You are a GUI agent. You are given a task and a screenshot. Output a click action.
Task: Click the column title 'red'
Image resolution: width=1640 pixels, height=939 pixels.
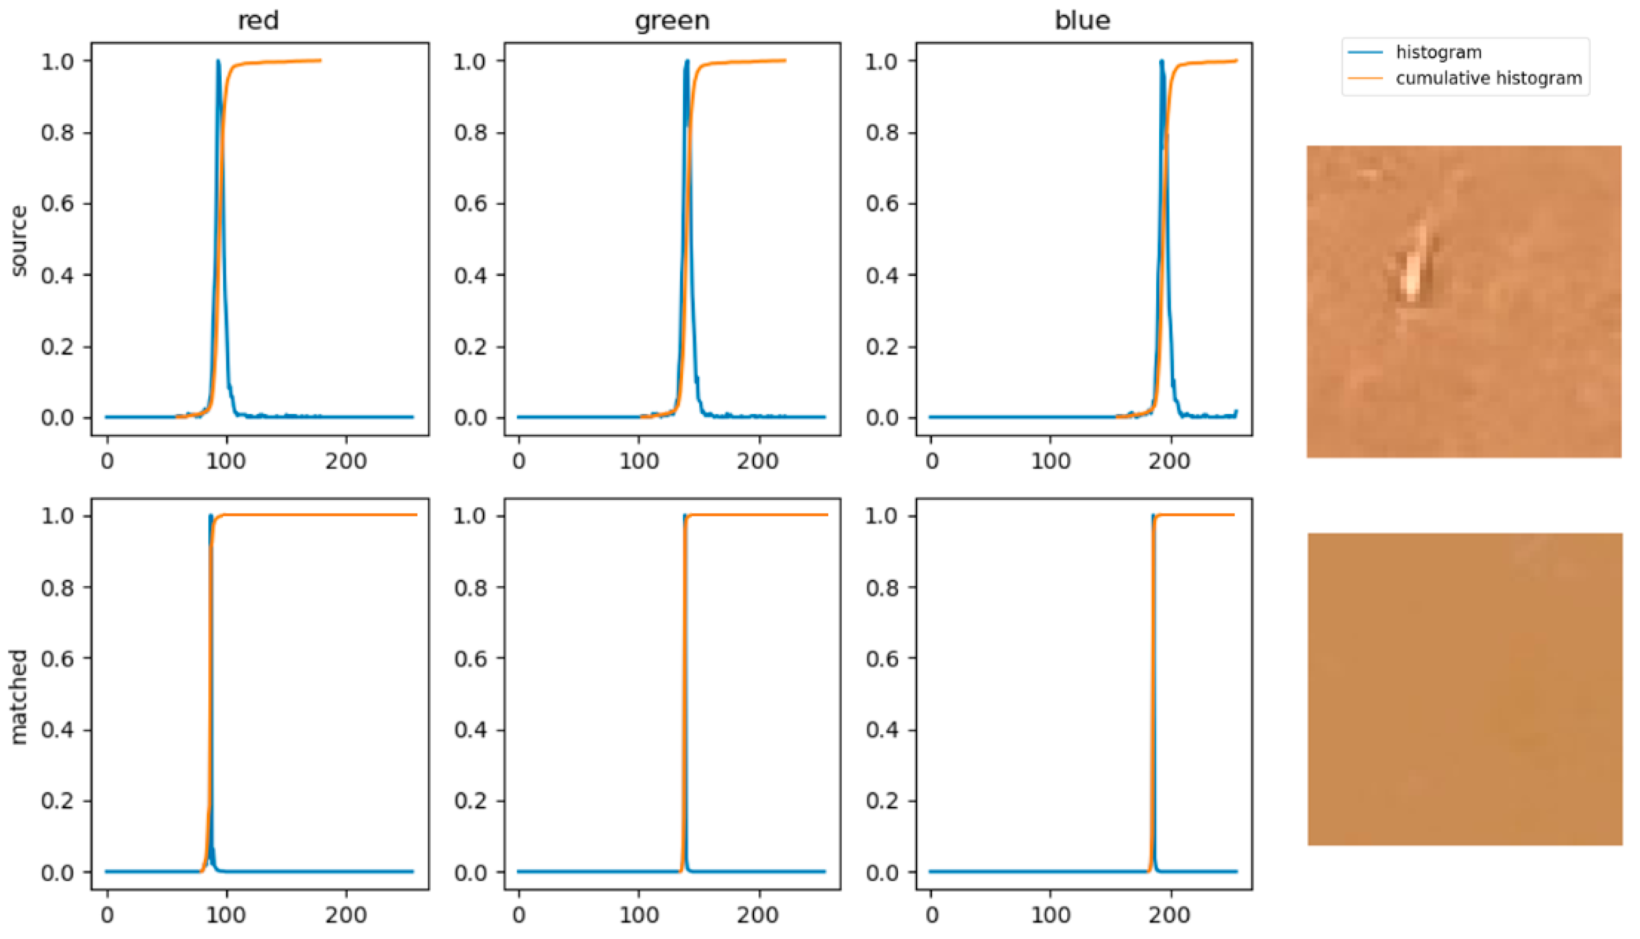tap(259, 21)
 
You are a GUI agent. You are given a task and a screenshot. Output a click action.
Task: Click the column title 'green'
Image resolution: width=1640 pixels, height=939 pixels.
tap(673, 21)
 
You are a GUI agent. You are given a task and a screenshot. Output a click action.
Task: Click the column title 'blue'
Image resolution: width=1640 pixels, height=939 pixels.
tap(1083, 21)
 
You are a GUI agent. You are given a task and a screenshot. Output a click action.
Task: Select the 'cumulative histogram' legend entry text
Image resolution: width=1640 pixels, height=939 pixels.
tap(1489, 79)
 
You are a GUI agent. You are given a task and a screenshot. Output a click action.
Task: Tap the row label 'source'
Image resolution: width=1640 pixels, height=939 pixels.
tap(19, 240)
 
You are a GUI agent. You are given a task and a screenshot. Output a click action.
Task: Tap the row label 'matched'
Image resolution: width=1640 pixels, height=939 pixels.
tap(19, 696)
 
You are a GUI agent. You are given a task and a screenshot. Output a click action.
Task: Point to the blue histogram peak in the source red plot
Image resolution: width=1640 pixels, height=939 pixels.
tap(218, 62)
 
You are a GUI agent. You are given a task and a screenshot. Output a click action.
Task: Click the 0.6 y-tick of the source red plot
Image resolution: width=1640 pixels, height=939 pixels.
tap(57, 204)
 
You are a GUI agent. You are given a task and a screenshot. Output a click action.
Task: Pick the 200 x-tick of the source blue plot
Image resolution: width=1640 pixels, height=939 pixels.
tap(1170, 461)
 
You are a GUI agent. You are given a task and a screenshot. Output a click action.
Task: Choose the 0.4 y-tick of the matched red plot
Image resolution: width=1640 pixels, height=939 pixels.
tap(57, 730)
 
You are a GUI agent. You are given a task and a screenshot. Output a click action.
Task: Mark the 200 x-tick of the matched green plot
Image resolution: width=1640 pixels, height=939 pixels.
tap(758, 915)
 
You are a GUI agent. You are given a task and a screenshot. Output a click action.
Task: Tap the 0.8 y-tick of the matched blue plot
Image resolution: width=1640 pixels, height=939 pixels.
tap(882, 588)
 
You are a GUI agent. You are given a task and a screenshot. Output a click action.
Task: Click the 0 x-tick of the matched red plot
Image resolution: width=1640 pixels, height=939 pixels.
tap(107, 915)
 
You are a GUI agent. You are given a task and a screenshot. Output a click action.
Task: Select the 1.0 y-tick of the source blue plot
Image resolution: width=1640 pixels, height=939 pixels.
tap(882, 61)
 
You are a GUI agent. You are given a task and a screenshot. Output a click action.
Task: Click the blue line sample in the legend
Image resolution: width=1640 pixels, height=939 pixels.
tap(1366, 52)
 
